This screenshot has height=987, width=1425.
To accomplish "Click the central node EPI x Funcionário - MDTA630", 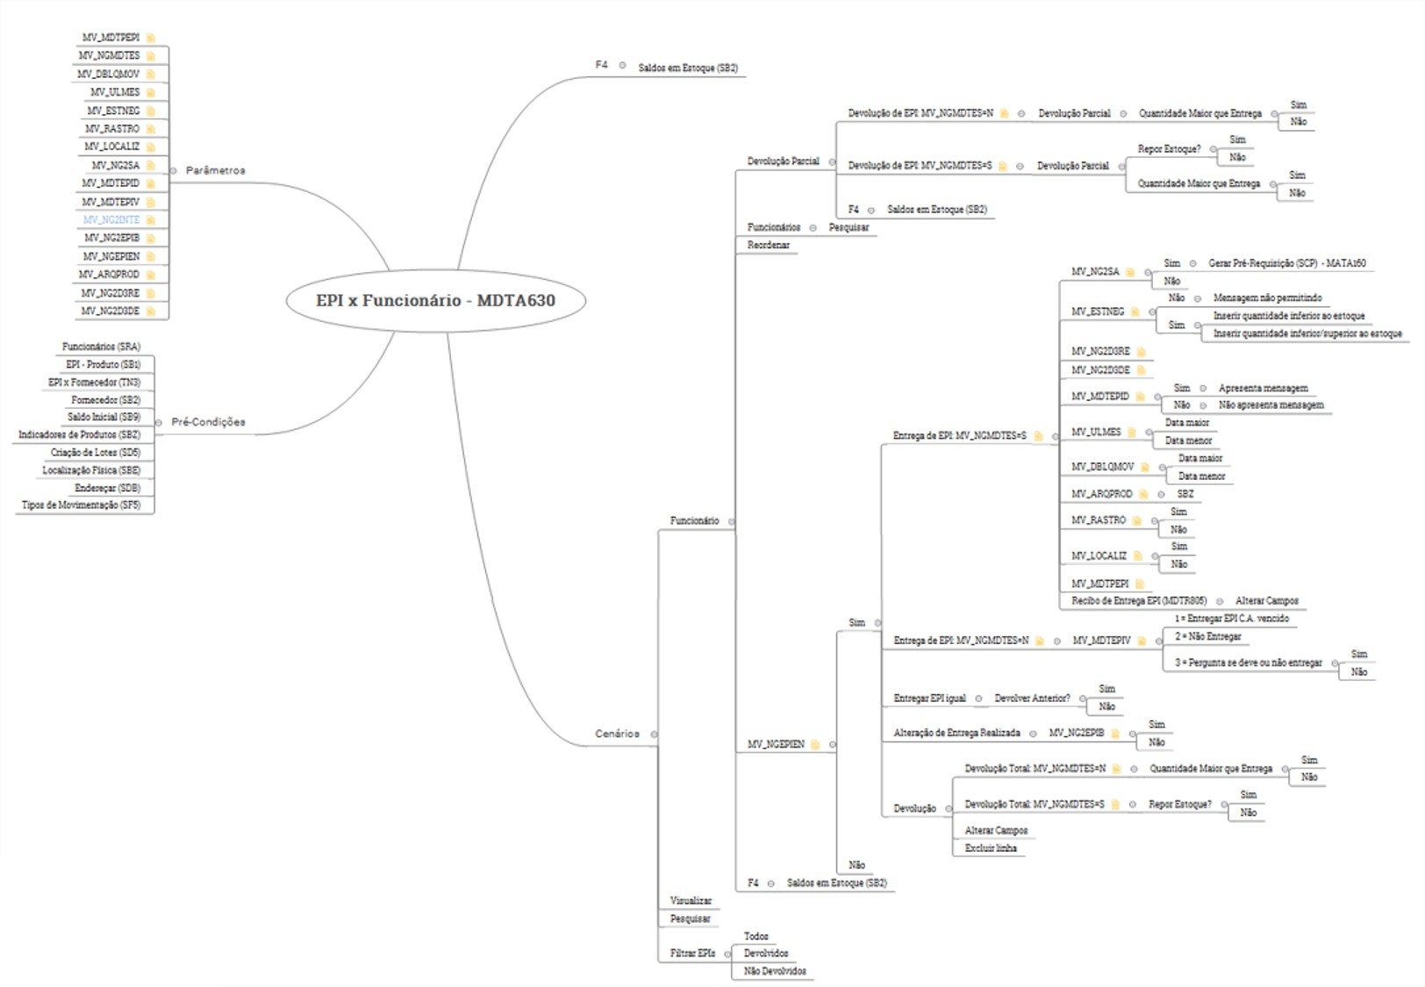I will (435, 301).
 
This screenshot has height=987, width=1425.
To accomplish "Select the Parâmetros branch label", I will (215, 170).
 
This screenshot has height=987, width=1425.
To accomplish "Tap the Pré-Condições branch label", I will (208, 422).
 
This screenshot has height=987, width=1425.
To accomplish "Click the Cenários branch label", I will (617, 733).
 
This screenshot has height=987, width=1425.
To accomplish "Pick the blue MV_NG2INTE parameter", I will (111, 220).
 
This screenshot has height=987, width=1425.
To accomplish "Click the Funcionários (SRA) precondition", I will (101, 347).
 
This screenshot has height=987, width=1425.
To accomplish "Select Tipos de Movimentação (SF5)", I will (81, 505).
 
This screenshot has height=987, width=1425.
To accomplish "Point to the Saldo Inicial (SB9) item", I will (104, 417).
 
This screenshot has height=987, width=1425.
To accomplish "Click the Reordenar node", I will (768, 245).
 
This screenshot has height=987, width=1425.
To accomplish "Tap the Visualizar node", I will (691, 900).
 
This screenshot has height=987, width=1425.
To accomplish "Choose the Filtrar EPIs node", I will (692, 953).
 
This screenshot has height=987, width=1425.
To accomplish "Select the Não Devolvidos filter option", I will (775, 971).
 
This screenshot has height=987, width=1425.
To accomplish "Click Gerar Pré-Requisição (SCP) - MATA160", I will (1286, 263).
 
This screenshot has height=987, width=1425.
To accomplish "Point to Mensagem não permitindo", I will (1267, 298).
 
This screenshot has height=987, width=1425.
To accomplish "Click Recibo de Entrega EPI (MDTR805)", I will (1138, 601).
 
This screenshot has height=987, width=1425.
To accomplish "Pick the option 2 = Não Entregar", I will (1207, 636).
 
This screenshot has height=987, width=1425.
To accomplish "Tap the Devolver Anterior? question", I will (1032, 698).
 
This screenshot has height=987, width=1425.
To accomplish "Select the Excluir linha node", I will (991, 848).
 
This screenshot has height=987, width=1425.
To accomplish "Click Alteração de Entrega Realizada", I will (956, 733).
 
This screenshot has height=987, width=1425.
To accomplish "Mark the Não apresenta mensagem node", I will (1271, 405).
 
